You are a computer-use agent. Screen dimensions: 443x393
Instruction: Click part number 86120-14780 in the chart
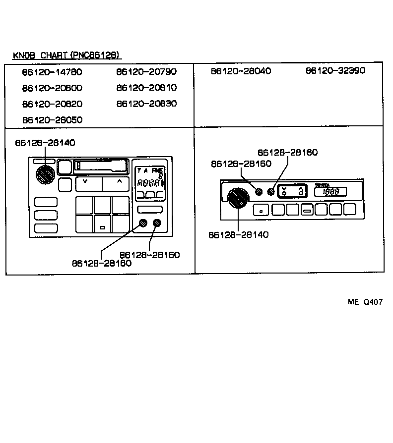tap(52, 72)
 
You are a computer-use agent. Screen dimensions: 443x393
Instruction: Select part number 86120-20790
tap(146, 72)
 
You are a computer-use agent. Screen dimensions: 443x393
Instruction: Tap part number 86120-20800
tap(52, 88)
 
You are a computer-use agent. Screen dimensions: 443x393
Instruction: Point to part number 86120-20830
tap(146, 104)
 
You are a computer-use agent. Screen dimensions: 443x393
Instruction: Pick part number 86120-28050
tap(52, 120)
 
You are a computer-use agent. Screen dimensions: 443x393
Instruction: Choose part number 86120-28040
tap(241, 71)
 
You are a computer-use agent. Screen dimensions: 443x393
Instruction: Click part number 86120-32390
tap(335, 70)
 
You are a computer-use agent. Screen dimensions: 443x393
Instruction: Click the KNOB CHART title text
tap(66, 55)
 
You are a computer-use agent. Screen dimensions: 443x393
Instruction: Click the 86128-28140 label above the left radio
tap(45, 143)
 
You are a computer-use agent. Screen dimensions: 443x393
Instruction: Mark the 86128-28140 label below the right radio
tap(238, 234)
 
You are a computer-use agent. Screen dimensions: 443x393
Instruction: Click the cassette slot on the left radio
tap(101, 166)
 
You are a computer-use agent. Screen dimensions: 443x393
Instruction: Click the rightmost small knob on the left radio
tap(158, 223)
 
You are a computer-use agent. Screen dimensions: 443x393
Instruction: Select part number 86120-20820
tap(52, 104)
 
